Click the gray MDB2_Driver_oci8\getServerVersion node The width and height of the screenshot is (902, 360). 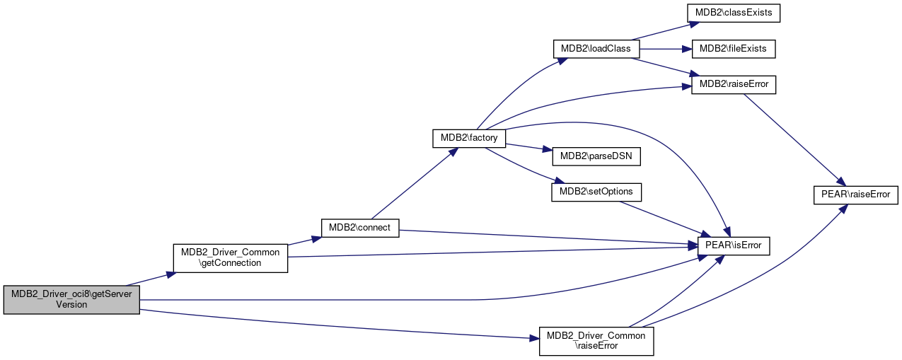point(71,300)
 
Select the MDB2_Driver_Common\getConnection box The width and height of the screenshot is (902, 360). point(231,258)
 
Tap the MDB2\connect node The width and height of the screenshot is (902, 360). point(360,228)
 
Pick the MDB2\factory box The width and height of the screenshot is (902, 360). point(469,138)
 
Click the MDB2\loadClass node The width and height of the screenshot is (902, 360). point(596,49)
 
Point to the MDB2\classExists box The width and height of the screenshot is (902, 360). point(734,13)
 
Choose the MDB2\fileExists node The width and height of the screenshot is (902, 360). point(734,49)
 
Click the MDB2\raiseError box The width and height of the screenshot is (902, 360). point(734,85)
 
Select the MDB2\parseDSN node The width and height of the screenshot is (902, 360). point(596,156)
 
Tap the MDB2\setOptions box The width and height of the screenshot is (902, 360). point(596,192)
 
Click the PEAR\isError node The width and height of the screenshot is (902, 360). point(734,245)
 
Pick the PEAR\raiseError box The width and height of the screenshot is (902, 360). point(856,195)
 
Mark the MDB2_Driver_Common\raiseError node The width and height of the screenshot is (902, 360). point(596,341)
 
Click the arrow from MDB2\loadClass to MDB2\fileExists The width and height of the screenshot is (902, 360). point(665,49)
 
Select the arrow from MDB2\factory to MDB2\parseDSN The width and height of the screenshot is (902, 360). point(528,147)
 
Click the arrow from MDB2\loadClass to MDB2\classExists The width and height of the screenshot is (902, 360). point(665,31)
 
